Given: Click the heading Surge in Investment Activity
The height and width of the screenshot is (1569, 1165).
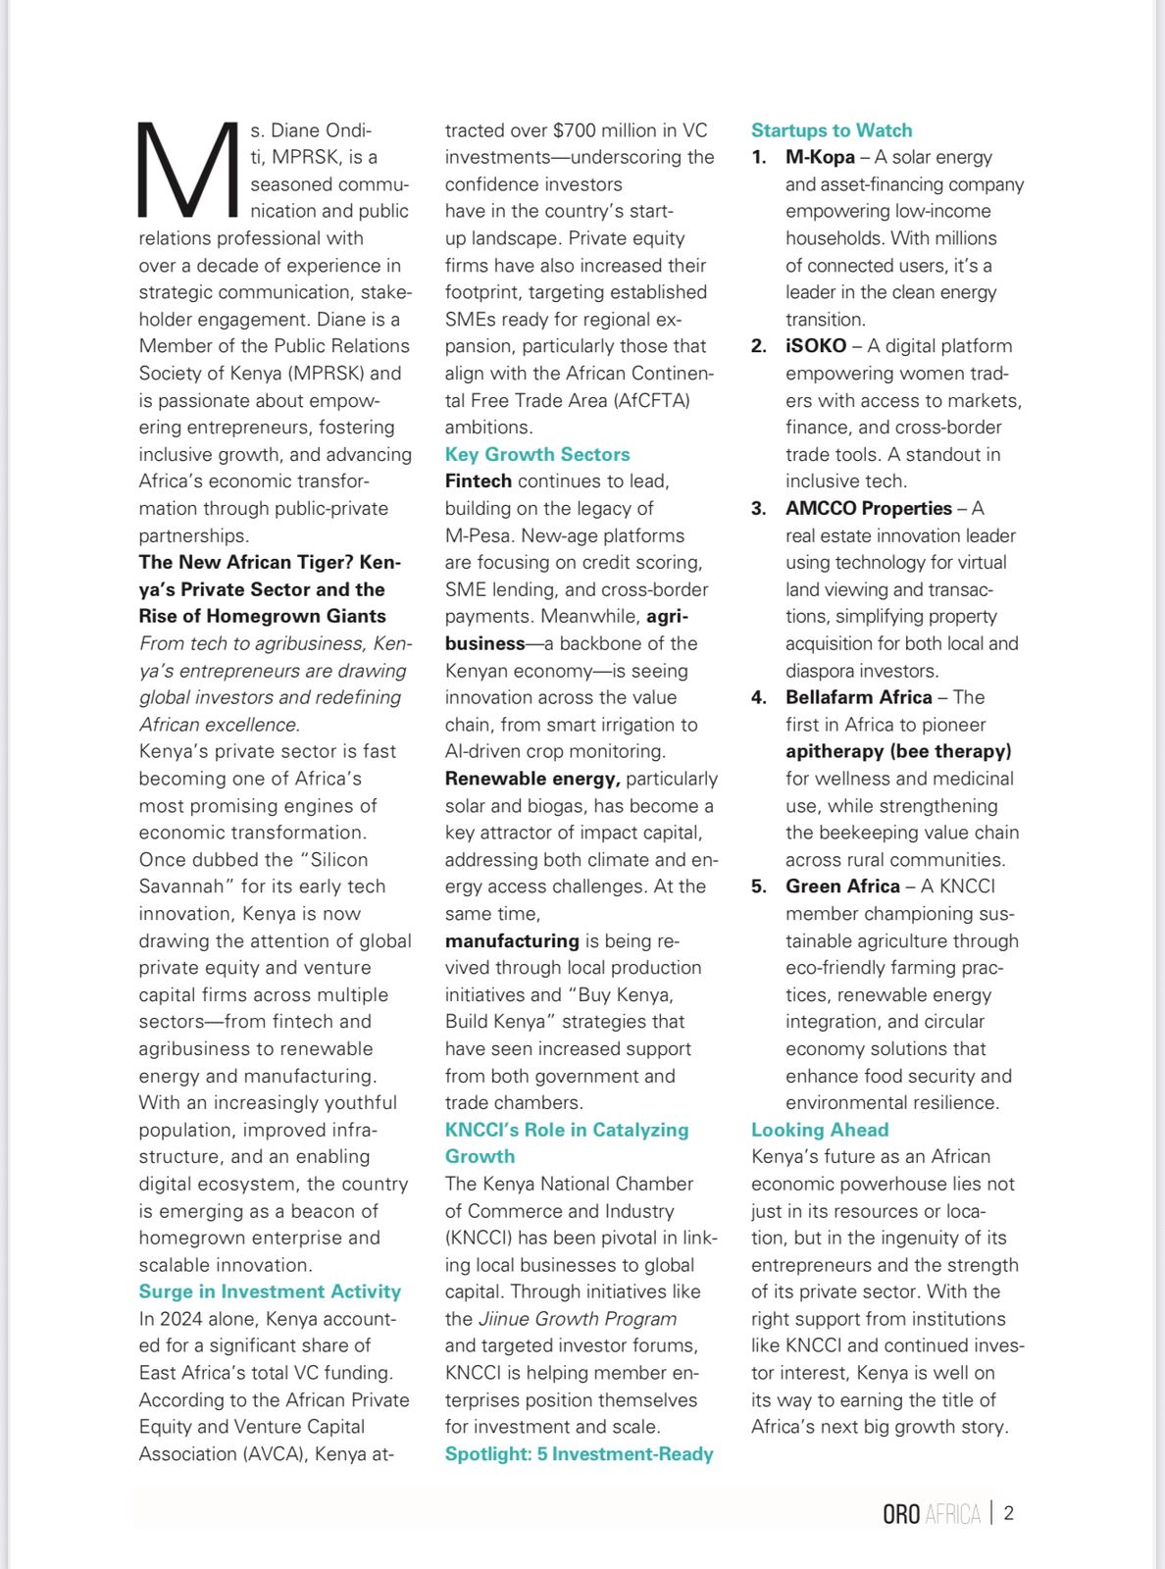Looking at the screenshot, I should [270, 1291].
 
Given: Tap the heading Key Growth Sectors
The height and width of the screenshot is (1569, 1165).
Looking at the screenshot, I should [536, 454].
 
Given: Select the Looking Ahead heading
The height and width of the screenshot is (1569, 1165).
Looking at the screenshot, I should [819, 1130].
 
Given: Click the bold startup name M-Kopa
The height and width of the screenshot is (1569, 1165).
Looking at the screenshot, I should [820, 157].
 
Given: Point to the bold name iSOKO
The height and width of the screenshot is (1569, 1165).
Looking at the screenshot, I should [815, 346].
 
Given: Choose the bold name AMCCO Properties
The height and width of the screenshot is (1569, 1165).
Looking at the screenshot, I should [868, 508].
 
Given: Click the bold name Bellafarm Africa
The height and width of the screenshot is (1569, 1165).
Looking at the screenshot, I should [858, 697].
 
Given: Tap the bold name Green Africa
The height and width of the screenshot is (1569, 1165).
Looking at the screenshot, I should [842, 886].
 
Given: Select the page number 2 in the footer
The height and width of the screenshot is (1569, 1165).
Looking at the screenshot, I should [1008, 1513].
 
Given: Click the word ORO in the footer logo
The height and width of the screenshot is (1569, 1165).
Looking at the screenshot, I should [901, 1514].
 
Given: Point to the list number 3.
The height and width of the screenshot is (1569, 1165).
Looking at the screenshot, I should [758, 508].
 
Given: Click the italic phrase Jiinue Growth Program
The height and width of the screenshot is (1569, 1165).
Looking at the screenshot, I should [577, 1319].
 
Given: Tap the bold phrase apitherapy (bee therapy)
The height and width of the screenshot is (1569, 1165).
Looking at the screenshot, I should [897, 751].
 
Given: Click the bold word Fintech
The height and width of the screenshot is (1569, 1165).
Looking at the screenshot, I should [478, 481].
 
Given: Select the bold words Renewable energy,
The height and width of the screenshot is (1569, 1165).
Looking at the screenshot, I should [532, 779].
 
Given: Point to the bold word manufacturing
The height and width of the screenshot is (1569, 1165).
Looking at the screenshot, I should [512, 940].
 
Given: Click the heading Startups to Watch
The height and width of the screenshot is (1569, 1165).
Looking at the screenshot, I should [831, 130].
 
